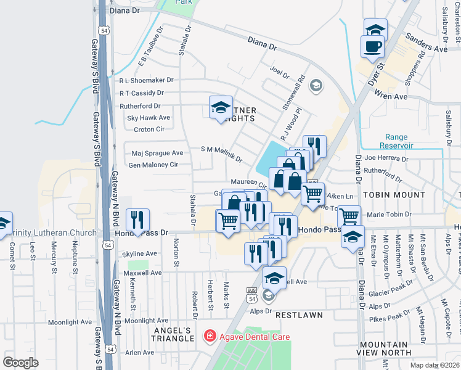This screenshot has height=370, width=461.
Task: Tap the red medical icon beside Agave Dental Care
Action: pos(210,337)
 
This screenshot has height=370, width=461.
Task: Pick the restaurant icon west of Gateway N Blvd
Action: pos(137,219)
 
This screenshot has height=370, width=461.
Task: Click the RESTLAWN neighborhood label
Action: pos(299,314)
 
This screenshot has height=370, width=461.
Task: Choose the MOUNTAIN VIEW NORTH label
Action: pos(384,348)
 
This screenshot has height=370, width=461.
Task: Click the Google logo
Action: pos(20,362)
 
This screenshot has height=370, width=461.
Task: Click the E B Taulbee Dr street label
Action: pos(150,46)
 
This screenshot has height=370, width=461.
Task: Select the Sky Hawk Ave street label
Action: pos(148,117)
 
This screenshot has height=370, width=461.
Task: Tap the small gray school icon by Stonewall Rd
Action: pos(316,85)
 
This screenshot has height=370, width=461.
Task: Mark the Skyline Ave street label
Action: pos(141,253)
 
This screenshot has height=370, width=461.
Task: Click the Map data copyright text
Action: pos(436,364)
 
